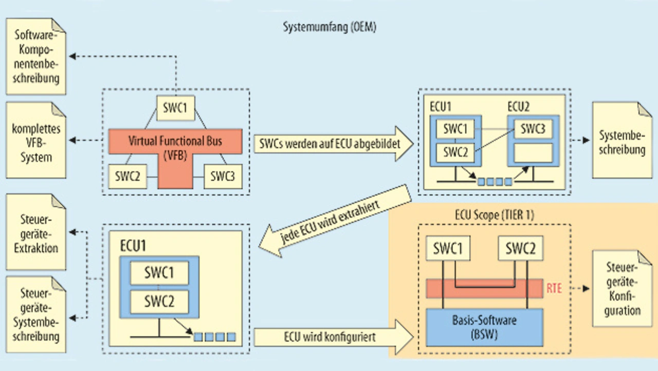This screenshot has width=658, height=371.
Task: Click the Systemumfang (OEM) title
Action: (x=330, y=27)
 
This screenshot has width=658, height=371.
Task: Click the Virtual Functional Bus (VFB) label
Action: (x=175, y=147)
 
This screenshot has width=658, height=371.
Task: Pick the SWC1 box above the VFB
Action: (x=175, y=109)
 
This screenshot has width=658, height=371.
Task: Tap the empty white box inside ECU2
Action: (x=530, y=153)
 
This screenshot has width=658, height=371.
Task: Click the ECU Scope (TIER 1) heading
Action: (x=495, y=215)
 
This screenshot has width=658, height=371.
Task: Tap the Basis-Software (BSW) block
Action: (x=484, y=326)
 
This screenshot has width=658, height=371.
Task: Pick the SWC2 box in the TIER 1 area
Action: (x=520, y=250)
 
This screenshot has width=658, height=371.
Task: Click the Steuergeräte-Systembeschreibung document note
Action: (x=36, y=315)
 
